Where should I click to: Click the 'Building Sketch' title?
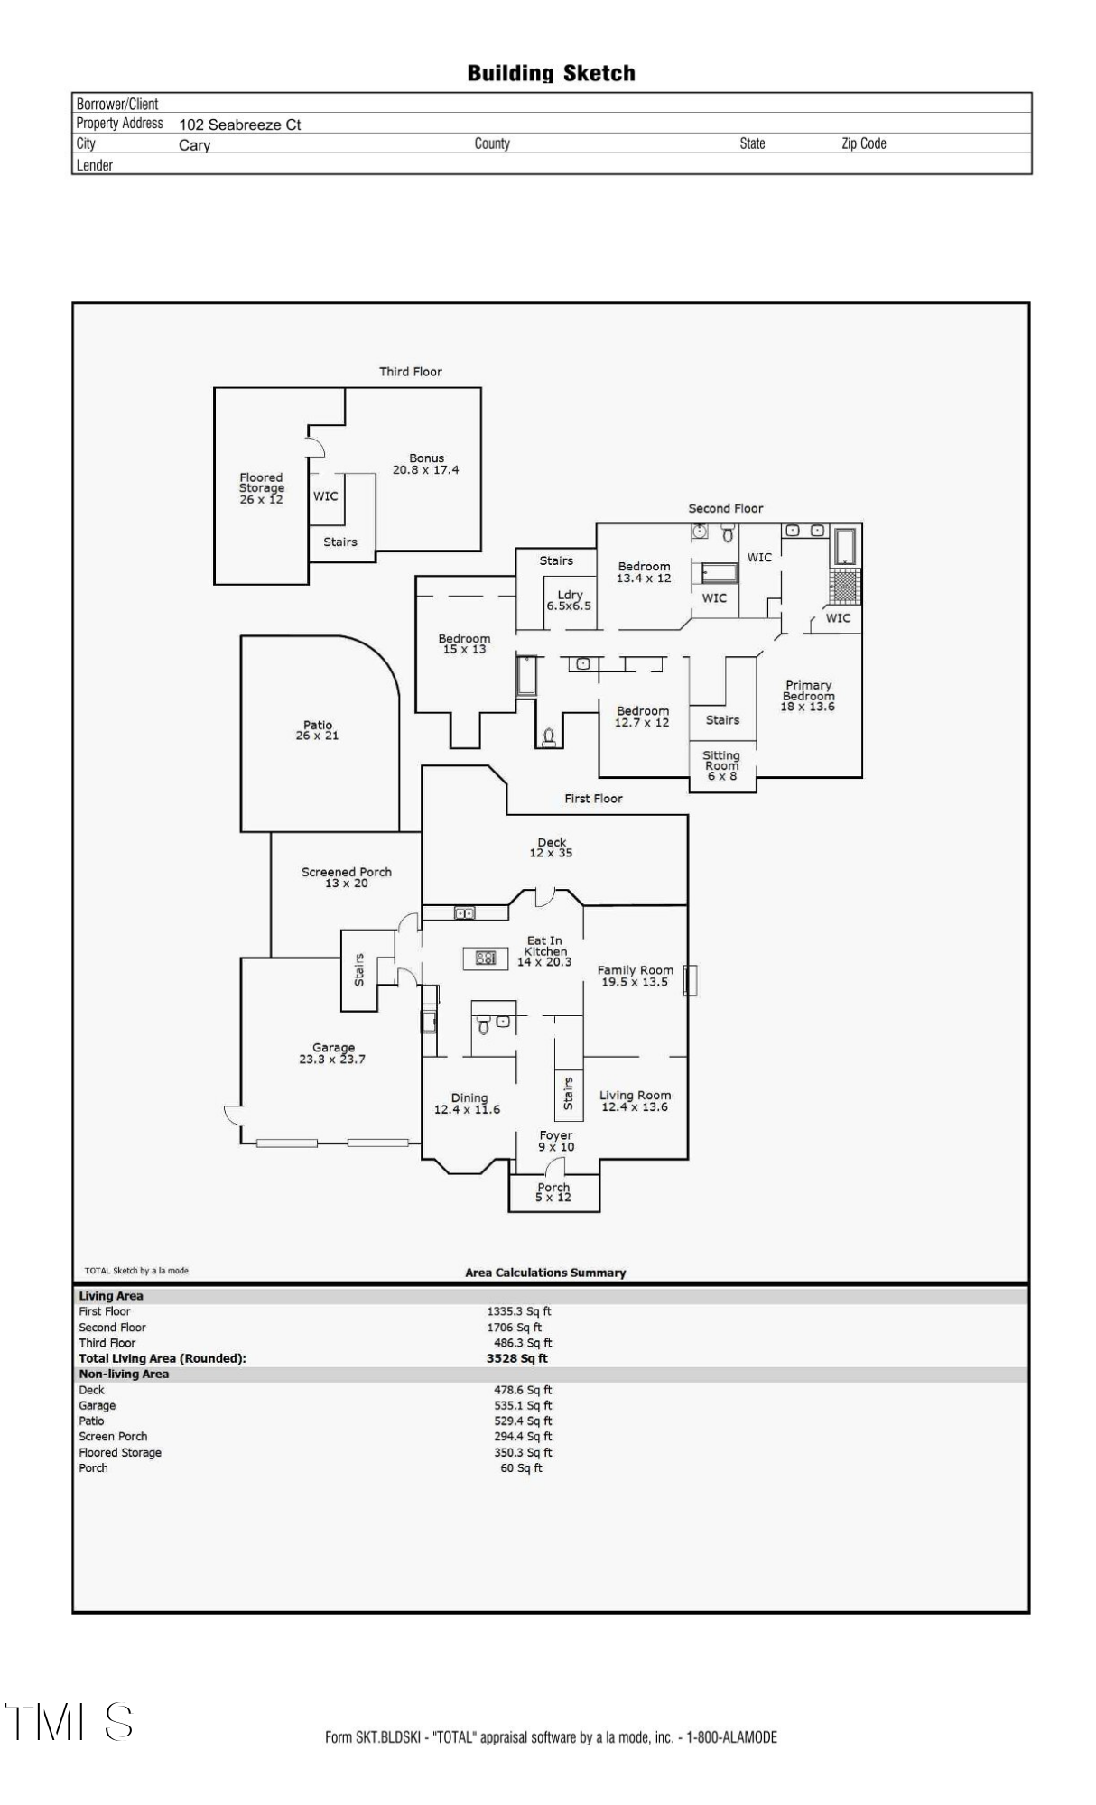(551, 73)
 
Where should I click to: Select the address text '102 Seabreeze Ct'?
(240, 125)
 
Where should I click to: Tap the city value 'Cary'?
(195, 145)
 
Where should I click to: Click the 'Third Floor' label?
(411, 372)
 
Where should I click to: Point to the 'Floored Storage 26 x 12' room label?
(261, 488)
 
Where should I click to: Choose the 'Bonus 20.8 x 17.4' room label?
(426, 464)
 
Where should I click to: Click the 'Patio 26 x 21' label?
(318, 730)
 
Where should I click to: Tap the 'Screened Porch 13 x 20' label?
(347, 877)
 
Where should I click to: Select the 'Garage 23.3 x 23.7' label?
(333, 1053)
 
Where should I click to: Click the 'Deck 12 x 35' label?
(552, 847)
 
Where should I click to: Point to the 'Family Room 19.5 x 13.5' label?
(636, 976)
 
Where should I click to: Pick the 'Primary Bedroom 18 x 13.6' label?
(808, 696)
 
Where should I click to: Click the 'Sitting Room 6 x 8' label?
(721, 765)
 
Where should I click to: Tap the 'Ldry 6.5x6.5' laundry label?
(570, 600)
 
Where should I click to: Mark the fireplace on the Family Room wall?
(691, 980)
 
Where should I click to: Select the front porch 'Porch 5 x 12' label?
(553, 1192)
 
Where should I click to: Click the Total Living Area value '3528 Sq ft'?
(517, 1358)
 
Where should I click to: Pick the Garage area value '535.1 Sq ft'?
(523, 1405)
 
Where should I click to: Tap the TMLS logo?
(69, 1721)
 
